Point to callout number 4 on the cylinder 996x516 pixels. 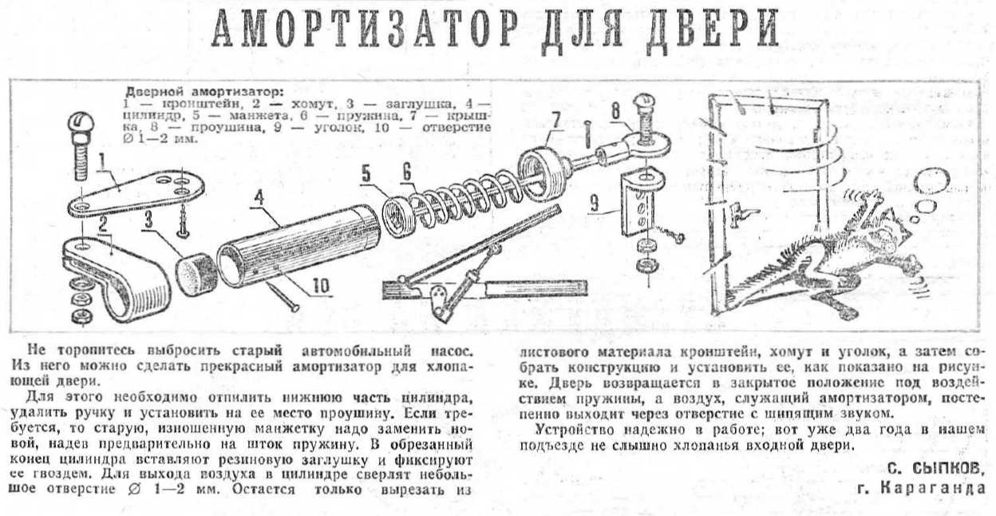pyautogui.click(x=259, y=198)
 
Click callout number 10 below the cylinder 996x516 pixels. pyautogui.click(x=321, y=286)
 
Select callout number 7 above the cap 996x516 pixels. pyautogui.click(x=555, y=119)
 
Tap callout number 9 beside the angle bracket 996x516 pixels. pyautogui.click(x=595, y=204)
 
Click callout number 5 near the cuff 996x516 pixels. pyautogui.click(x=366, y=173)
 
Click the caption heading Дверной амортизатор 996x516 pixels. pyautogui.click(x=204, y=93)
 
